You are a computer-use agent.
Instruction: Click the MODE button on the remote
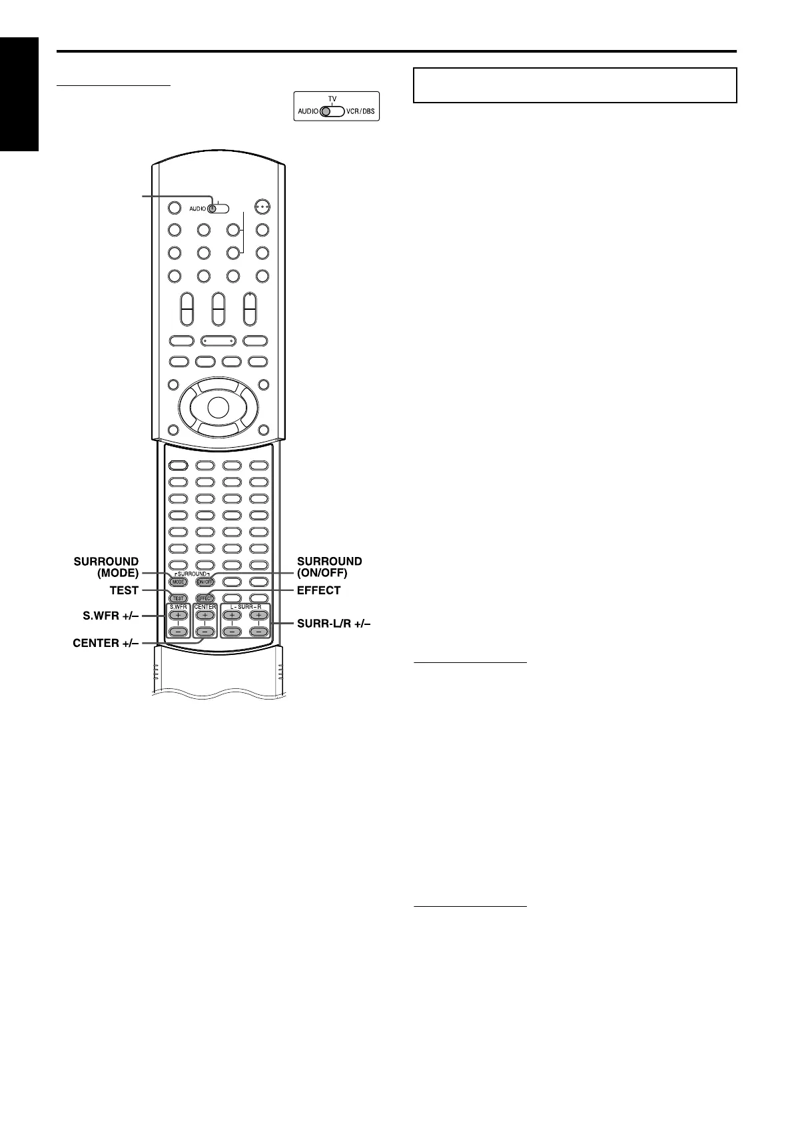[178, 582]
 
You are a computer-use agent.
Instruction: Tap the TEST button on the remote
[178, 598]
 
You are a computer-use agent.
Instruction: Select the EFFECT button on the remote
[205, 598]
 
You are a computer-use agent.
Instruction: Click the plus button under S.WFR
[178, 616]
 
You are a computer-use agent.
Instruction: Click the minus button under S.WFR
[178, 632]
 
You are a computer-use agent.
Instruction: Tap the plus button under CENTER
[205, 616]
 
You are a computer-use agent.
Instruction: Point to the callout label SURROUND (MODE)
[107, 567]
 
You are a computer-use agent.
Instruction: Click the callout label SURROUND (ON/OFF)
[330, 567]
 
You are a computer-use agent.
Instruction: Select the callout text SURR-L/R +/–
[331, 624]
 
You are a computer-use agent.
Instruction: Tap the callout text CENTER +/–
[105, 644]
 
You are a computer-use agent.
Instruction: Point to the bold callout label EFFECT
[318, 590]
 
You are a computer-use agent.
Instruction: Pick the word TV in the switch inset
[332, 99]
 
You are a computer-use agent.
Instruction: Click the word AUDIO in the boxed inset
[308, 111]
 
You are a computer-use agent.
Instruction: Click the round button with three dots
[262, 207]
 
